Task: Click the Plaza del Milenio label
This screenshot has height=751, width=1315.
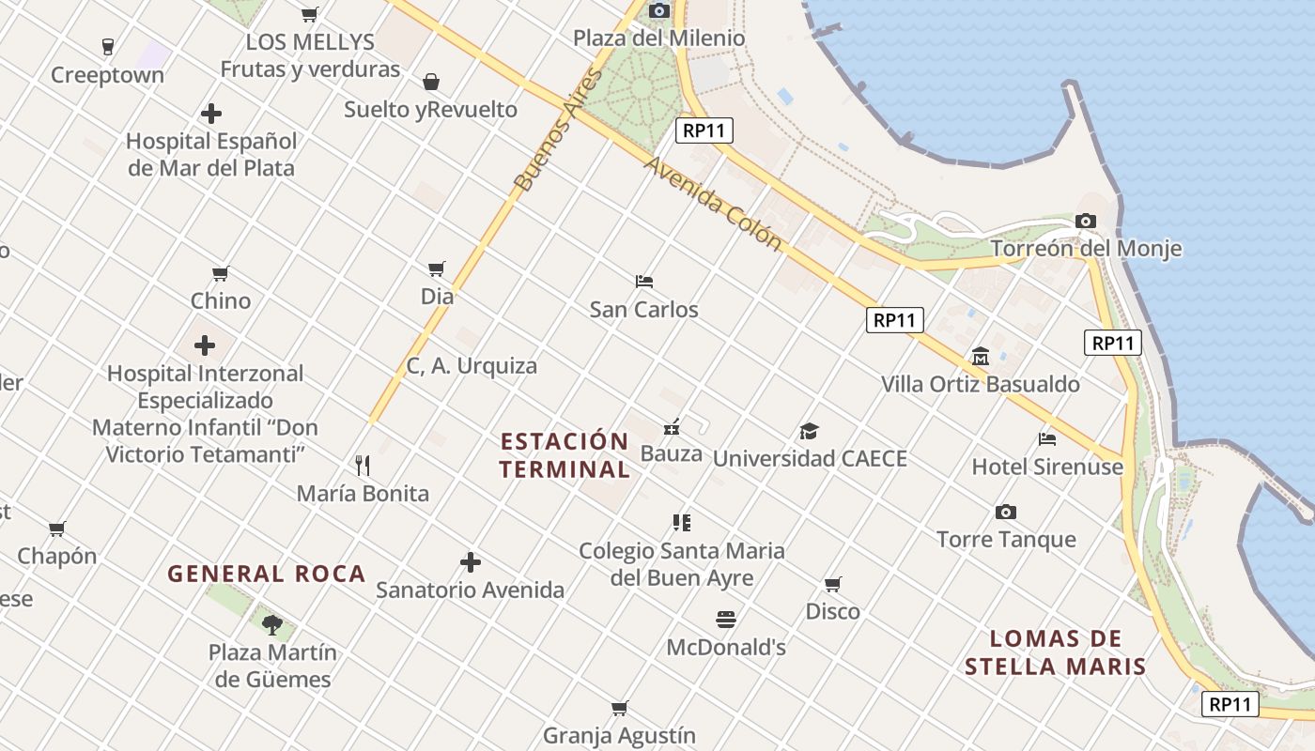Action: tap(658, 38)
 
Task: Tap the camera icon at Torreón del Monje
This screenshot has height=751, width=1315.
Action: tap(1086, 222)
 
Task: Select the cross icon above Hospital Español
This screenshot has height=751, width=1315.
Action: tap(211, 114)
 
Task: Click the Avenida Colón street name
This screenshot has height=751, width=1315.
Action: tap(713, 203)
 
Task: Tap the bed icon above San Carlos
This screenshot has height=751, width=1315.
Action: tap(643, 281)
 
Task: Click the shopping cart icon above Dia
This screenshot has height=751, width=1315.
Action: tap(436, 269)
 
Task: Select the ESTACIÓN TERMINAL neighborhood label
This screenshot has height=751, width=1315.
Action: tap(565, 455)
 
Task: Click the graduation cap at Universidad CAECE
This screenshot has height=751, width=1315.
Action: tap(809, 431)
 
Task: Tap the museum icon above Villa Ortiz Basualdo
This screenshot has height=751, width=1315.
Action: tap(981, 357)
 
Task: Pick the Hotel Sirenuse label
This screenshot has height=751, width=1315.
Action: tap(1047, 467)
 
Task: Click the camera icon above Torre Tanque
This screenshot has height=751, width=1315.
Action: tap(1006, 512)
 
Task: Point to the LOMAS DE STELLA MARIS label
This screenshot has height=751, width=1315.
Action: tap(1055, 653)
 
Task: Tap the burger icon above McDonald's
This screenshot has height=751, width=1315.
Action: tap(725, 620)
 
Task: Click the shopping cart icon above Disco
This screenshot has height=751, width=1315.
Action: tap(832, 584)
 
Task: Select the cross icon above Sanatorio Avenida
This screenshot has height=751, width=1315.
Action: tap(471, 562)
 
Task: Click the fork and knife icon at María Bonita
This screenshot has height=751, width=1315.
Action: tap(363, 465)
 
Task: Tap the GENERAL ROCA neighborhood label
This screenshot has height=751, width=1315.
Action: tap(266, 574)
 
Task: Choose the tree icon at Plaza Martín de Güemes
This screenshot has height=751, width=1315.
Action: tap(272, 624)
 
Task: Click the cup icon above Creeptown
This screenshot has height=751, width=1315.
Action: tap(107, 46)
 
